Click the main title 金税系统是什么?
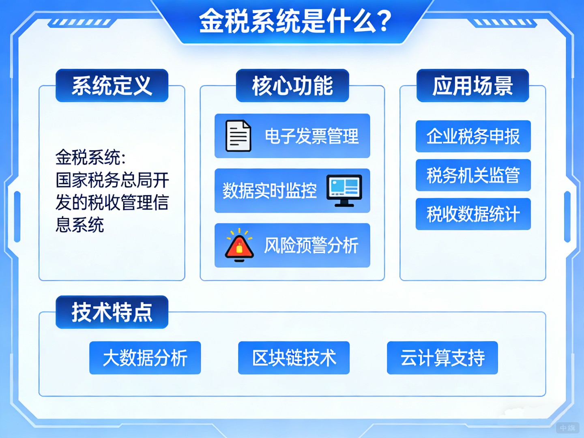pos(295,21)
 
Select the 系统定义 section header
pos(112,86)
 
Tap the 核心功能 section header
pos(292,86)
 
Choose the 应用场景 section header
pos(472,86)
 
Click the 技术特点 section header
pos(112,312)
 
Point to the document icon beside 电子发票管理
pos(238,136)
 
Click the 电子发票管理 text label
pos(311,136)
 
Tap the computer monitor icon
pos(344,190)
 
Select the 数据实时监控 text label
pos(269,191)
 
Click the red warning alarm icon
pos(239,245)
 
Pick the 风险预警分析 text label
pos(311,246)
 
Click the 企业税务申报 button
pos(473,136)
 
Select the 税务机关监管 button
pos(473,175)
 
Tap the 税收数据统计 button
pos(473,214)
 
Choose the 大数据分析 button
pos(145,358)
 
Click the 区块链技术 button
pos(294,358)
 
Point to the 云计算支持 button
pos(442,358)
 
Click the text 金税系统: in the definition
pos(90,157)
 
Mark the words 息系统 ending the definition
pos(80,225)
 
